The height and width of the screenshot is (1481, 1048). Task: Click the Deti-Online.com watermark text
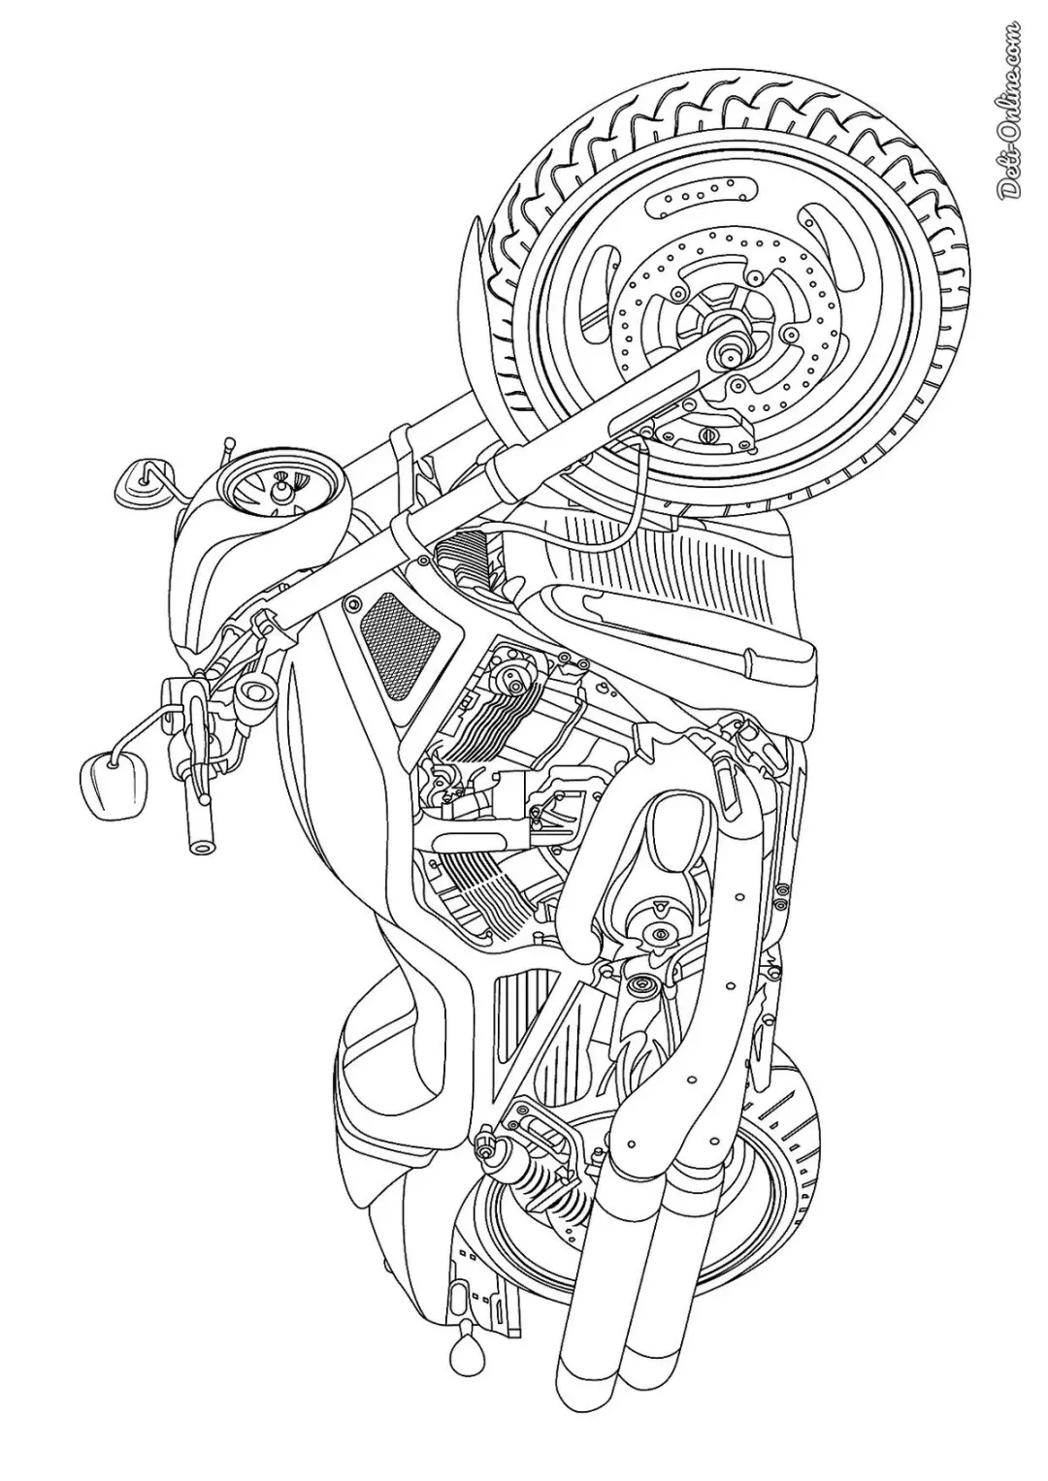click(x=1011, y=106)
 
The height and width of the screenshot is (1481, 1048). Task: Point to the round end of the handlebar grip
click(x=201, y=843)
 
